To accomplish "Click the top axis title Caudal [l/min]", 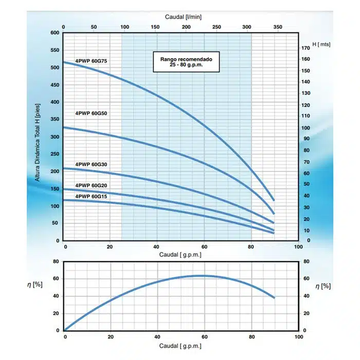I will pyautogui.click(x=185, y=16).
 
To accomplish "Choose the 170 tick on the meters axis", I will pyautogui.click(x=306, y=48).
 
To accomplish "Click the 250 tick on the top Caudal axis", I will pyautogui.click(x=217, y=26).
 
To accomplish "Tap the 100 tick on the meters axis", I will pyautogui.click(x=306, y=128).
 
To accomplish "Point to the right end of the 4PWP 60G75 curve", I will pyautogui.click(x=274, y=200).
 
